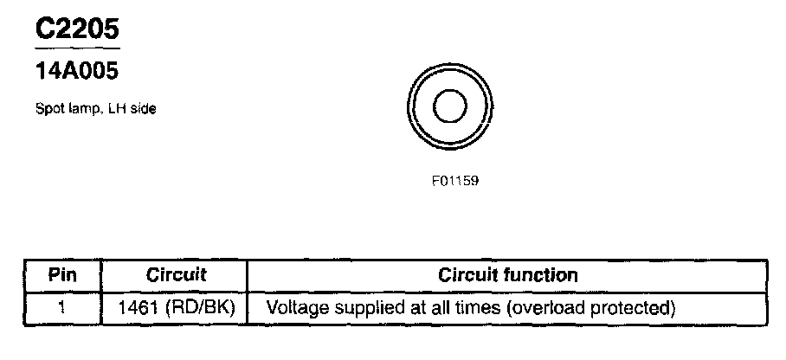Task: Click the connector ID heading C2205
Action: pyautogui.click(x=76, y=30)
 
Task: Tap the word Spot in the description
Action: pyautogui.click(x=47, y=109)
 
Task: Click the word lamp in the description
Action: pyautogui.click(x=77, y=109)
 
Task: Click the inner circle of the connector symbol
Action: pyautogui.click(x=449, y=108)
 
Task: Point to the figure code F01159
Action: pyautogui.click(x=450, y=182)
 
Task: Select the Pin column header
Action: pyautogui.click(x=63, y=276)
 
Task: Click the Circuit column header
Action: pyautogui.click(x=176, y=276)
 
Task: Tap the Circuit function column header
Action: pyautogui.click(x=507, y=276)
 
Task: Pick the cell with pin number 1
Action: pyautogui.click(x=63, y=307)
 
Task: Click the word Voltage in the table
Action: pyautogui.click(x=295, y=307)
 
